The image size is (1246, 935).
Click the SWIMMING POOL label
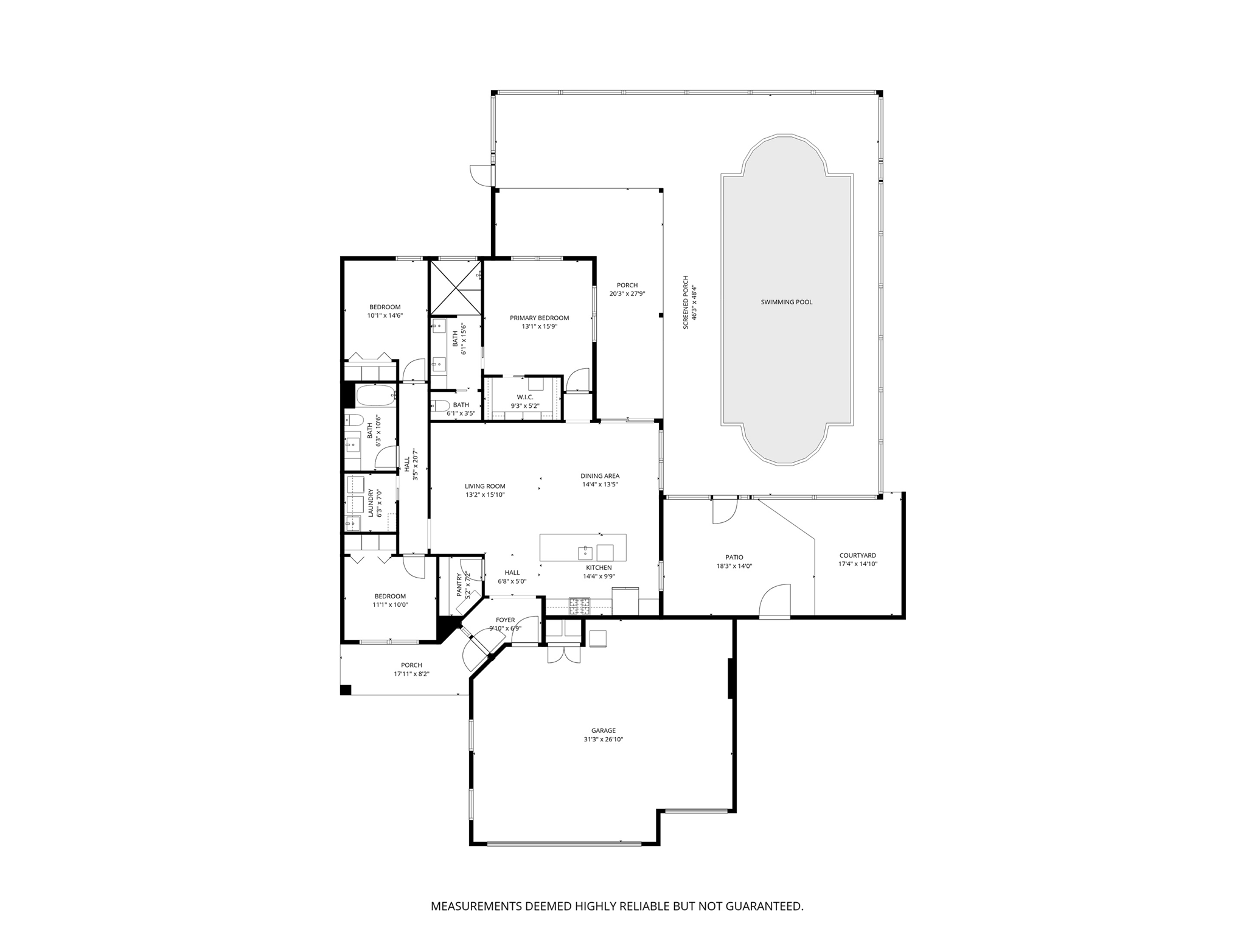pyautogui.click(x=786, y=302)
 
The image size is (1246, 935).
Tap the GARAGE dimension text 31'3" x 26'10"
pyautogui.click(x=603, y=740)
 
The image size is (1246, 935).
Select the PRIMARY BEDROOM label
pyautogui.click(x=539, y=318)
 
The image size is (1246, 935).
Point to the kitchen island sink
pyautogui.click(x=585, y=553)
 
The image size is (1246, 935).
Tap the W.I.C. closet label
pyautogui.click(x=524, y=397)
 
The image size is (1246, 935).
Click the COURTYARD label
pyautogui.click(x=857, y=555)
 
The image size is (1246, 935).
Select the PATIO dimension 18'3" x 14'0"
pyautogui.click(x=734, y=566)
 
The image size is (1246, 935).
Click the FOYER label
pyautogui.click(x=505, y=620)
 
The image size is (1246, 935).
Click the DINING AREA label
pyautogui.click(x=600, y=476)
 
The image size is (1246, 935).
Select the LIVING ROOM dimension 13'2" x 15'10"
pyautogui.click(x=485, y=495)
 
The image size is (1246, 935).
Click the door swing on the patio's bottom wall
pyautogui.click(x=776, y=601)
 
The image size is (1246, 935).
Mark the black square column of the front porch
pyautogui.click(x=346, y=690)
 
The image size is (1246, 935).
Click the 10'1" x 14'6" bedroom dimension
pyautogui.click(x=385, y=316)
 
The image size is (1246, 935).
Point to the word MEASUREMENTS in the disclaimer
pyautogui.click(x=476, y=906)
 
